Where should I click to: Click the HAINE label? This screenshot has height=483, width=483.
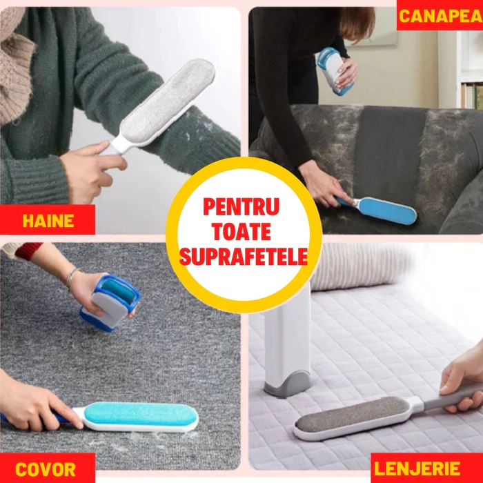pos(48,221)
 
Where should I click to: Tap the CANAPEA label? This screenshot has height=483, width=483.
pos(440,16)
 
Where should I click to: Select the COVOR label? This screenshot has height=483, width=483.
pos(46,469)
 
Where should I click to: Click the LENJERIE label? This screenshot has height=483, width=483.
pos(417,469)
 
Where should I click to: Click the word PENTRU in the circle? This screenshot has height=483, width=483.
pos(241,207)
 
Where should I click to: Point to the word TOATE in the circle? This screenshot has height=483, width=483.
pos(241,232)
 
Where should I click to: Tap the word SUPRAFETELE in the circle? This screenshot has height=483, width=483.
pos(244,257)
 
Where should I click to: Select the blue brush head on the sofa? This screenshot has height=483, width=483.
pos(388,210)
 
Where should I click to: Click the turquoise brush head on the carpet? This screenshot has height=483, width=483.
pos(140,414)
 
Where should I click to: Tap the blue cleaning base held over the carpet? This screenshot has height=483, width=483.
pos(110,302)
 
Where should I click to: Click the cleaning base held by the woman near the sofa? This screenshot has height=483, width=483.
pos(334,71)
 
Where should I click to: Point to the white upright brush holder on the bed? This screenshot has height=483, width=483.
pos(287,342)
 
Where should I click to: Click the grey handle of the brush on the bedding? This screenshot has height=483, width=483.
pos(453,397)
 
